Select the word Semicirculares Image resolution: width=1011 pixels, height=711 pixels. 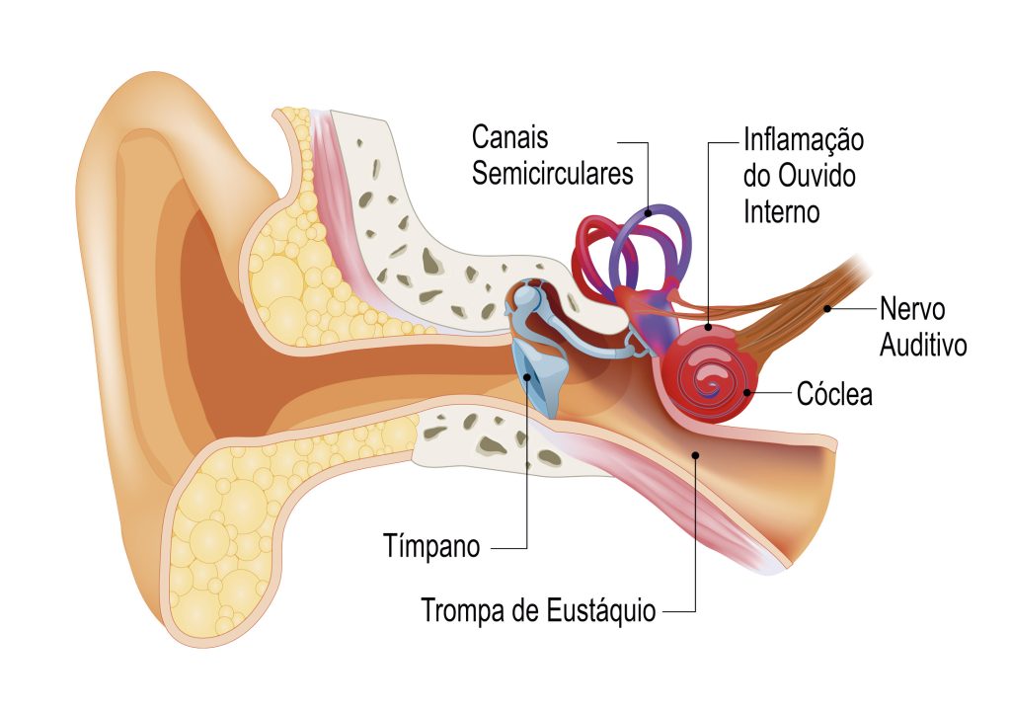coord(551,174)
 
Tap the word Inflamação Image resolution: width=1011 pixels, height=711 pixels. coord(803,139)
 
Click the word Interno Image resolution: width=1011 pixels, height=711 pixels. coord(782,211)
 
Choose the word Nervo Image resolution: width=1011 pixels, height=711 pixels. coord(912,309)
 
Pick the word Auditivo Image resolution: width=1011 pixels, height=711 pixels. coord(922,346)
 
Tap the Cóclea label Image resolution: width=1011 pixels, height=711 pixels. coord(834,395)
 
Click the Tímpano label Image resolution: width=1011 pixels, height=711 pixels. coord(431,546)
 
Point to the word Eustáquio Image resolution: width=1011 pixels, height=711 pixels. coord(599,609)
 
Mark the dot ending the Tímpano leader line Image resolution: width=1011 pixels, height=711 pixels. coord(528,375)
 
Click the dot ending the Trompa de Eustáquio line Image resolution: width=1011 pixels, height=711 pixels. coord(696,454)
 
